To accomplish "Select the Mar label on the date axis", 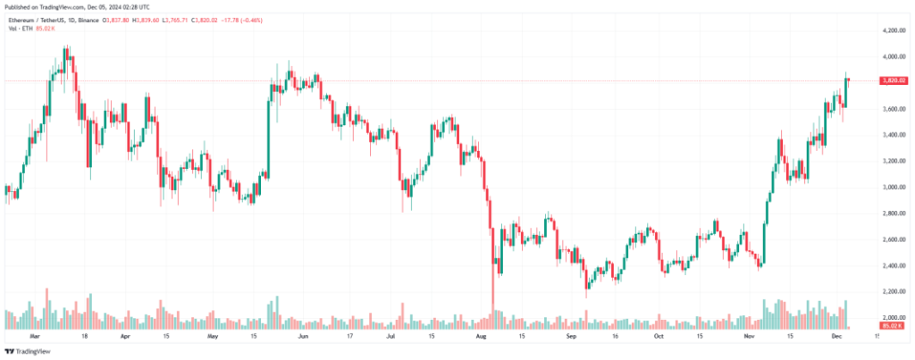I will tap(35, 338).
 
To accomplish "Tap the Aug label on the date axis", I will tap(482, 338).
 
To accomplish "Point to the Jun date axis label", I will tap(303, 338).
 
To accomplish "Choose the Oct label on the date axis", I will tap(659, 338).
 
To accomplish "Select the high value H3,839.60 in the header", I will tap(167, 18).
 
